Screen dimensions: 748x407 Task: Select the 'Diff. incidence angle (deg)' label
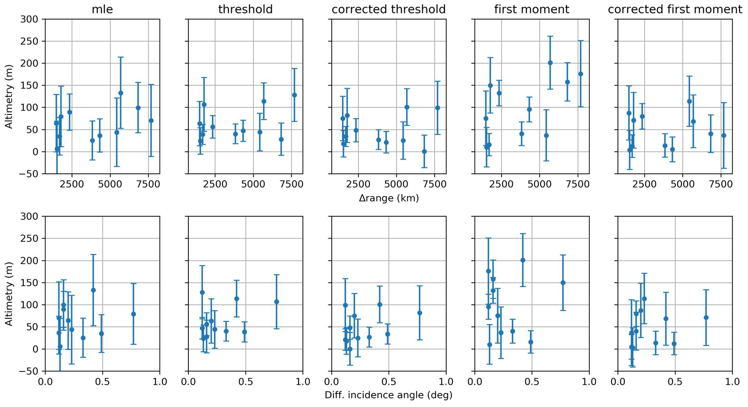pos(388,395)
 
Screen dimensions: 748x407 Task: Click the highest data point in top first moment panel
pos(550,63)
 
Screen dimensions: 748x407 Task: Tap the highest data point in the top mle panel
pos(120,93)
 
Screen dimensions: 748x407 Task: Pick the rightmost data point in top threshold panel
pos(294,95)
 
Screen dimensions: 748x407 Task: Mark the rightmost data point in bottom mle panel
pos(133,314)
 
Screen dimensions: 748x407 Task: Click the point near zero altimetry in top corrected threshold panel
pos(424,151)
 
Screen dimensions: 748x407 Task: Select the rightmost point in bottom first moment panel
pos(563,283)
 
